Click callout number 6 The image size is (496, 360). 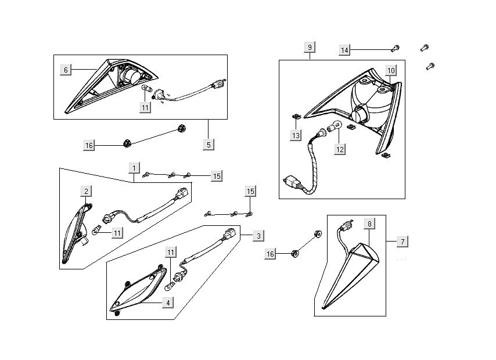click(x=66, y=70)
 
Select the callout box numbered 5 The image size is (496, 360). click(x=209, y=145)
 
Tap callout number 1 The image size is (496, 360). click(x=134, y=168)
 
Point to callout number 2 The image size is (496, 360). click(x=85, y=191)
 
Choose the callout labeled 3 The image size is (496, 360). click(x=258, y=235)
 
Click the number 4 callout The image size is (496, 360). click(x=167, y=302)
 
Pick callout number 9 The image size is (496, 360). click(x=310, y=47)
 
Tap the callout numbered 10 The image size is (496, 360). click(x=391, y=71)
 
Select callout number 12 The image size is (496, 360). click(x=340, y=149)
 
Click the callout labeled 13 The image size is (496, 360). click(x=296, y=135)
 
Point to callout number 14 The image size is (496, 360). click(x=345, y=51)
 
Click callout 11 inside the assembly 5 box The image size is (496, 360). click(x=145, y=107)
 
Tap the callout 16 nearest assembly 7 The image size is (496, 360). click(x=269, y=254)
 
